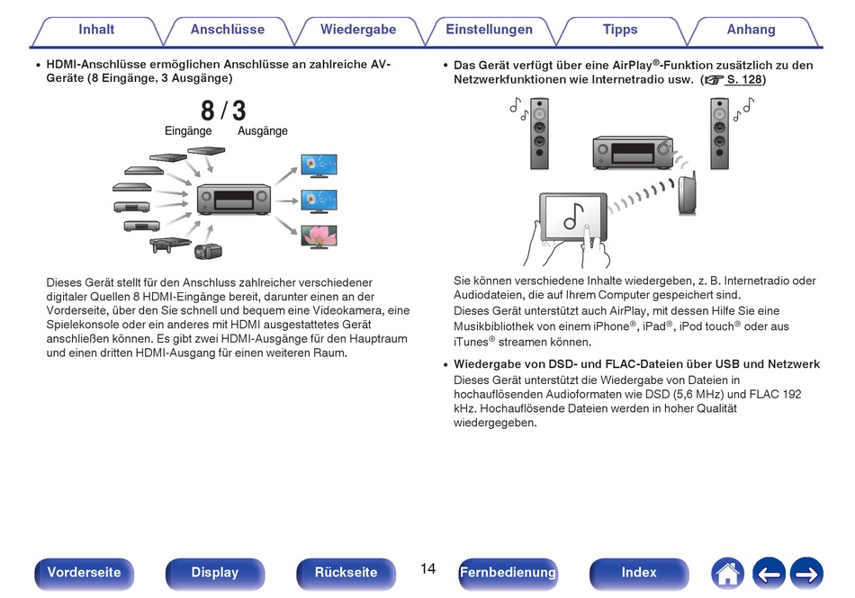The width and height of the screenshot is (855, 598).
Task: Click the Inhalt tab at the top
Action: click(x=96, y=31)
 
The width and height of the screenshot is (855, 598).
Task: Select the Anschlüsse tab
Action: click(x=228, y=31)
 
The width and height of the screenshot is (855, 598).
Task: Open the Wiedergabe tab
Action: click(x=358, y=31)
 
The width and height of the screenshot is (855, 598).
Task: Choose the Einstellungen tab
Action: click(x=489, y=31)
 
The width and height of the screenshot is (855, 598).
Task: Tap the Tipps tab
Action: click(x=620, y=31)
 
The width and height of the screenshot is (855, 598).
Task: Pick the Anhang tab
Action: click(x=751, y=31)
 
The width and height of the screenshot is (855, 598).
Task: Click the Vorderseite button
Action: click(x=84, y=574)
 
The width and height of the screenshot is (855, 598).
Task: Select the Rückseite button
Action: click(x=346, y=574)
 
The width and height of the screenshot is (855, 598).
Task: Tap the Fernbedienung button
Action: click(x=508, y=574)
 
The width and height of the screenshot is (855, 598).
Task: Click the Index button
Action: click(x=639, y=574)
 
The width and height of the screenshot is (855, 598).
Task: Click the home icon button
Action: click(x=727, y=574)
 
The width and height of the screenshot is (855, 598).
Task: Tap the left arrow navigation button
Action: click(x=769, y=574)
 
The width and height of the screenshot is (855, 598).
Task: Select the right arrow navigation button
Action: click(x=807, y=574)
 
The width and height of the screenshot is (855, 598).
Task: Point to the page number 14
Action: click(x=428, y=569)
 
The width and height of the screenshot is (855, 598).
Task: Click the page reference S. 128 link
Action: click(x=743, y=79)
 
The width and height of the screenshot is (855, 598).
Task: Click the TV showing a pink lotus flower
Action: click(x=319, y=237)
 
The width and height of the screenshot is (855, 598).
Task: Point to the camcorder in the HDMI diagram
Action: click(x=208, y=251)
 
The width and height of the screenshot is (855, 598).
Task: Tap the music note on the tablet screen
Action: click(x=573, y=216)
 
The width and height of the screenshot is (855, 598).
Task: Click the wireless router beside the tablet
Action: click(x=687, y=193)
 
